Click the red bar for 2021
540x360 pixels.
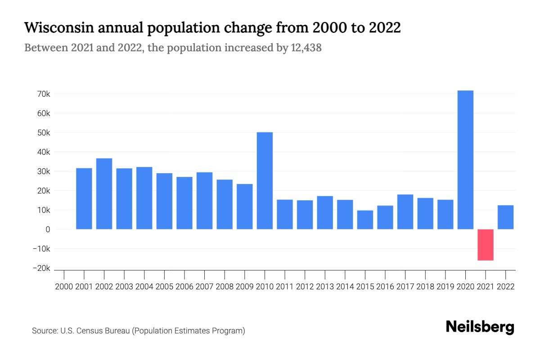tap(486, 244)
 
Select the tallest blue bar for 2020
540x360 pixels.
tap(465, 160)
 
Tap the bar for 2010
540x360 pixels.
tap(265, 180)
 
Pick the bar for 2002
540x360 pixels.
tap(104, 193)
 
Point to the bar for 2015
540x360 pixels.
tap(365, 220)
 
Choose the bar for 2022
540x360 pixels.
tap(505, 217)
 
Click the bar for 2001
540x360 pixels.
tap(84, 198)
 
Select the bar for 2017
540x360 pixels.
tap(405, 211)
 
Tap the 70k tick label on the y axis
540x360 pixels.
tap(44, 94)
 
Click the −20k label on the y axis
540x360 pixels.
tap(41, 268)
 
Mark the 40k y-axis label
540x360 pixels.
tap(44, 152)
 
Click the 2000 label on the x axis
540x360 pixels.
tap(64, 286)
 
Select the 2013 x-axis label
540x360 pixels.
tap(325, 286)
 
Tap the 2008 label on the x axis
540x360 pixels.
tap(225, 286)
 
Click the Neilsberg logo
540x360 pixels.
tap(480, 327)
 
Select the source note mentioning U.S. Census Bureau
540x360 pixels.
tap(138, 331)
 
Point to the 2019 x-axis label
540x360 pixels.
tap(445, 286)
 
